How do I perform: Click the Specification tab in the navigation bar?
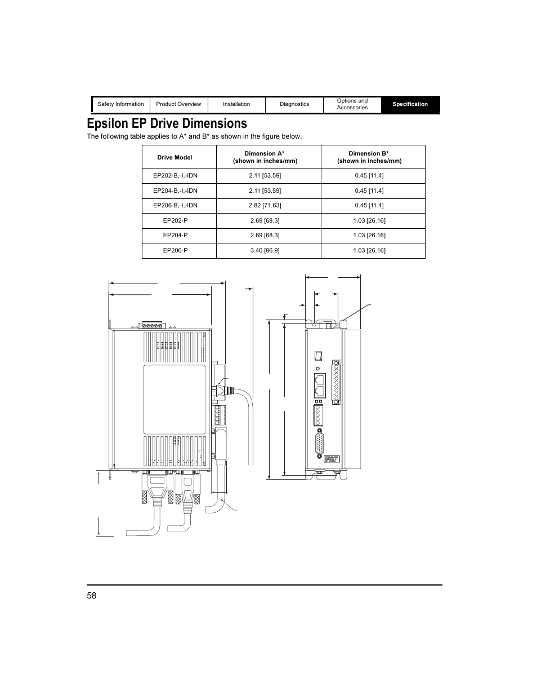click(x=410, y=104)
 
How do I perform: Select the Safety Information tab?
click(x=120, y=104)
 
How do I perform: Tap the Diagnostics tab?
click(x=294, y=104)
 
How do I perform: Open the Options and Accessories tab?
click(x=352, y=104)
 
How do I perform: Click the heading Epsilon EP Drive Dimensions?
click(x=167, y=123)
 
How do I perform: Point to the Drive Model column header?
click(x=174, y=157)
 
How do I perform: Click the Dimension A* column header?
click(x=265, y=157)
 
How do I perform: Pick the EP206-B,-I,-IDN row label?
click(x=175, y=206)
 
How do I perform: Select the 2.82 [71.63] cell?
click(x=265, y=206)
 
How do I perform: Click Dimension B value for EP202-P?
click(x=369, y=220)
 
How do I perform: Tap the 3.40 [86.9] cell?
click(x=265, y=250)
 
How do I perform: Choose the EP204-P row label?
click(x=175, y=236)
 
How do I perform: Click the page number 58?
click(x=92, y=596)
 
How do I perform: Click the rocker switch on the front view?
click(x=318, y=356)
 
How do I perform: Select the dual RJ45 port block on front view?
click(x=319, y=386)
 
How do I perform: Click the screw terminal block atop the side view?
click(x=152, y=325)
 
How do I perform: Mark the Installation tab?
click(x=236, y=104)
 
